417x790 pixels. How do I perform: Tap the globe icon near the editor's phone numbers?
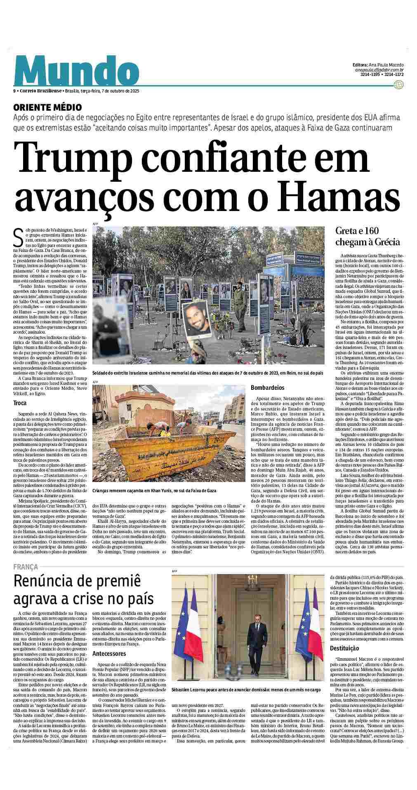pyautogui.click(x=398, y=85)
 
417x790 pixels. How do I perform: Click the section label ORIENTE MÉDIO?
pyautogui.click(x=47, y=107)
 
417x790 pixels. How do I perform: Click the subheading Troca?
pyautogui.click(x=20, y=403)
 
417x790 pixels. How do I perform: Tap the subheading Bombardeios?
pyautogui.click(x=268, y=388)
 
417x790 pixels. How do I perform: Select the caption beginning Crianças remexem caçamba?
pyautogui.click(x=154, y=491)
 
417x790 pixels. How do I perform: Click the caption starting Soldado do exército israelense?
pyautogui.click(x=207, y=372)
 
